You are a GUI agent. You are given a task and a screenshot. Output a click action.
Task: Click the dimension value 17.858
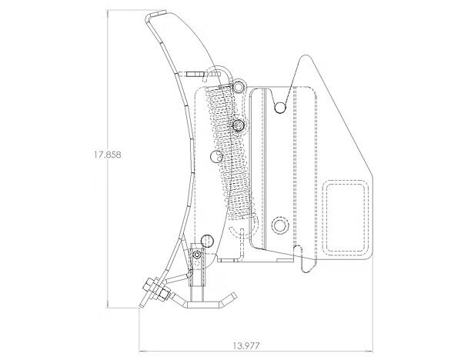point(108,155)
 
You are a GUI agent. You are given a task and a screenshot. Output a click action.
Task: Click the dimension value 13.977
point(246,345)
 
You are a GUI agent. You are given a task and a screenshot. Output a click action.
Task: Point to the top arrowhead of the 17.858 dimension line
point(108,12)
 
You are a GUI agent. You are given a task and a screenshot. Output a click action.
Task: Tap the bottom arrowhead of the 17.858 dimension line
point(108,305)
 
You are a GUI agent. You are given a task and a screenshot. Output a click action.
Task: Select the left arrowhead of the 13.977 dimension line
point(142,351)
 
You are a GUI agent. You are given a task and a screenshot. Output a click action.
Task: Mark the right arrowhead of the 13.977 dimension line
point(369,351)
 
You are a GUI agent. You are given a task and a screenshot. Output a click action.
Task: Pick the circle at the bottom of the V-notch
point(280,107)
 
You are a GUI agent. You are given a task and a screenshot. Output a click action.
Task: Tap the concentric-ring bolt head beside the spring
point(239,125)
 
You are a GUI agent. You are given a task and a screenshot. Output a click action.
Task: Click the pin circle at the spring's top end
point(239,86)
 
